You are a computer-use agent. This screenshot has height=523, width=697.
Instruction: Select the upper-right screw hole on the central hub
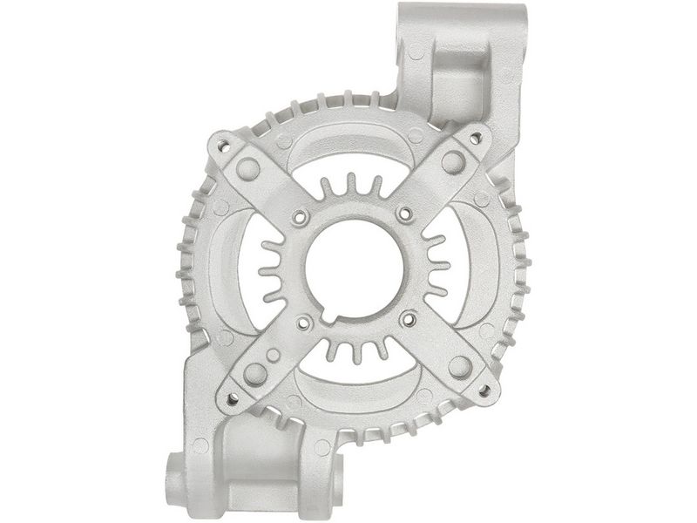click(405, 213)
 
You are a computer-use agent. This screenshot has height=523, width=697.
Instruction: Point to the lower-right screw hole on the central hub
click(405, 319)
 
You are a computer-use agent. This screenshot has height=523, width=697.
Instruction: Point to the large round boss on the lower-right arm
click(460, 366)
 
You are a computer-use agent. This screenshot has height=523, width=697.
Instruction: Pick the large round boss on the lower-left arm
click(255, 374)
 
